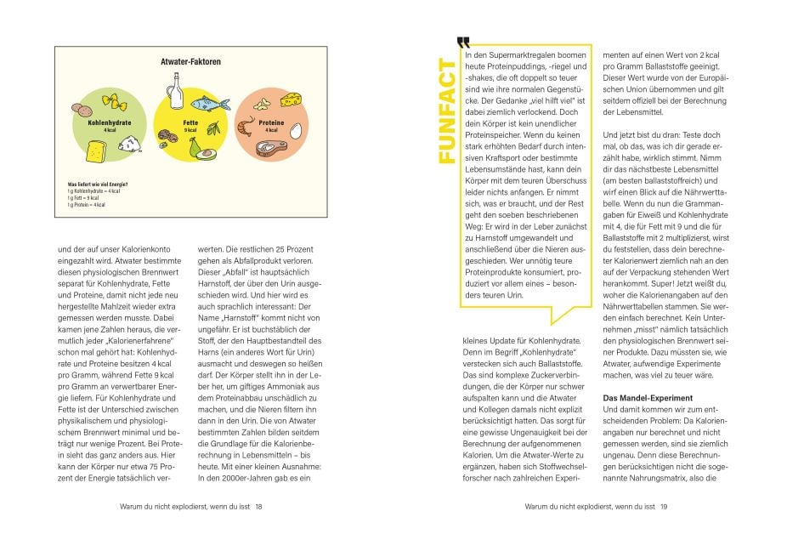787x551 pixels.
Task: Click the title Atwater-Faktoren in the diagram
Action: coord(190,62)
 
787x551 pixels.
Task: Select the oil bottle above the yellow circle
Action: coord(176,90)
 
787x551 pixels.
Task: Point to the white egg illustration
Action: coord(297,132)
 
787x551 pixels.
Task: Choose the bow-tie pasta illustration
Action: coord(114,104)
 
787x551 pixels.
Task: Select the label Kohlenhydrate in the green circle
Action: coord(110,122)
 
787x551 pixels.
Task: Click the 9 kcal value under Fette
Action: coord(190,128)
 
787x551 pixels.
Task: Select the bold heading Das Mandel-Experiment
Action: coord(646,399)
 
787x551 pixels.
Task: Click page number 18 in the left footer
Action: coord(258,507)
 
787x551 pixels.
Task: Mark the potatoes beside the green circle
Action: coord(81,110)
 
